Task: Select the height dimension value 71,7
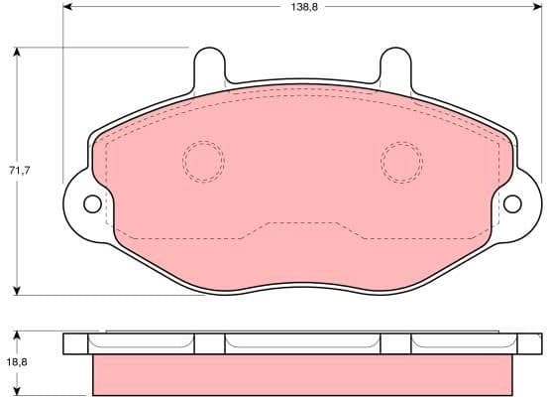tap(20, 171)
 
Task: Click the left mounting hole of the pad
tap(92, 204)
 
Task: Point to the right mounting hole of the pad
tap(512, 204)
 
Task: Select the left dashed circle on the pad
tap(203, 161)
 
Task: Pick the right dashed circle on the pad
tap(401, 161)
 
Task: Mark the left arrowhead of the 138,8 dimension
tap(67, 8)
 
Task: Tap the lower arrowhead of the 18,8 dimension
tap(20, 390)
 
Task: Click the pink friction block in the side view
tap(302, 375)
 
